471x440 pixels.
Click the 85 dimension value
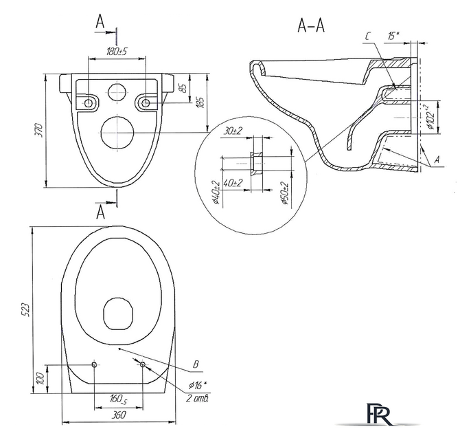click(x=181, y=87)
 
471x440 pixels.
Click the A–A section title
click(x=311, y=26)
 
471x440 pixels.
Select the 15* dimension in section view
click(x=393, y=35)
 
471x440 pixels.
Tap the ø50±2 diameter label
click(x=285, y=192)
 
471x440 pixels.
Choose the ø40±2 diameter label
click(x=216, y=192)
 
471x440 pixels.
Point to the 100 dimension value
click(x=41, y=379)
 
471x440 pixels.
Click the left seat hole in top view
click(x=94, y=364)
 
